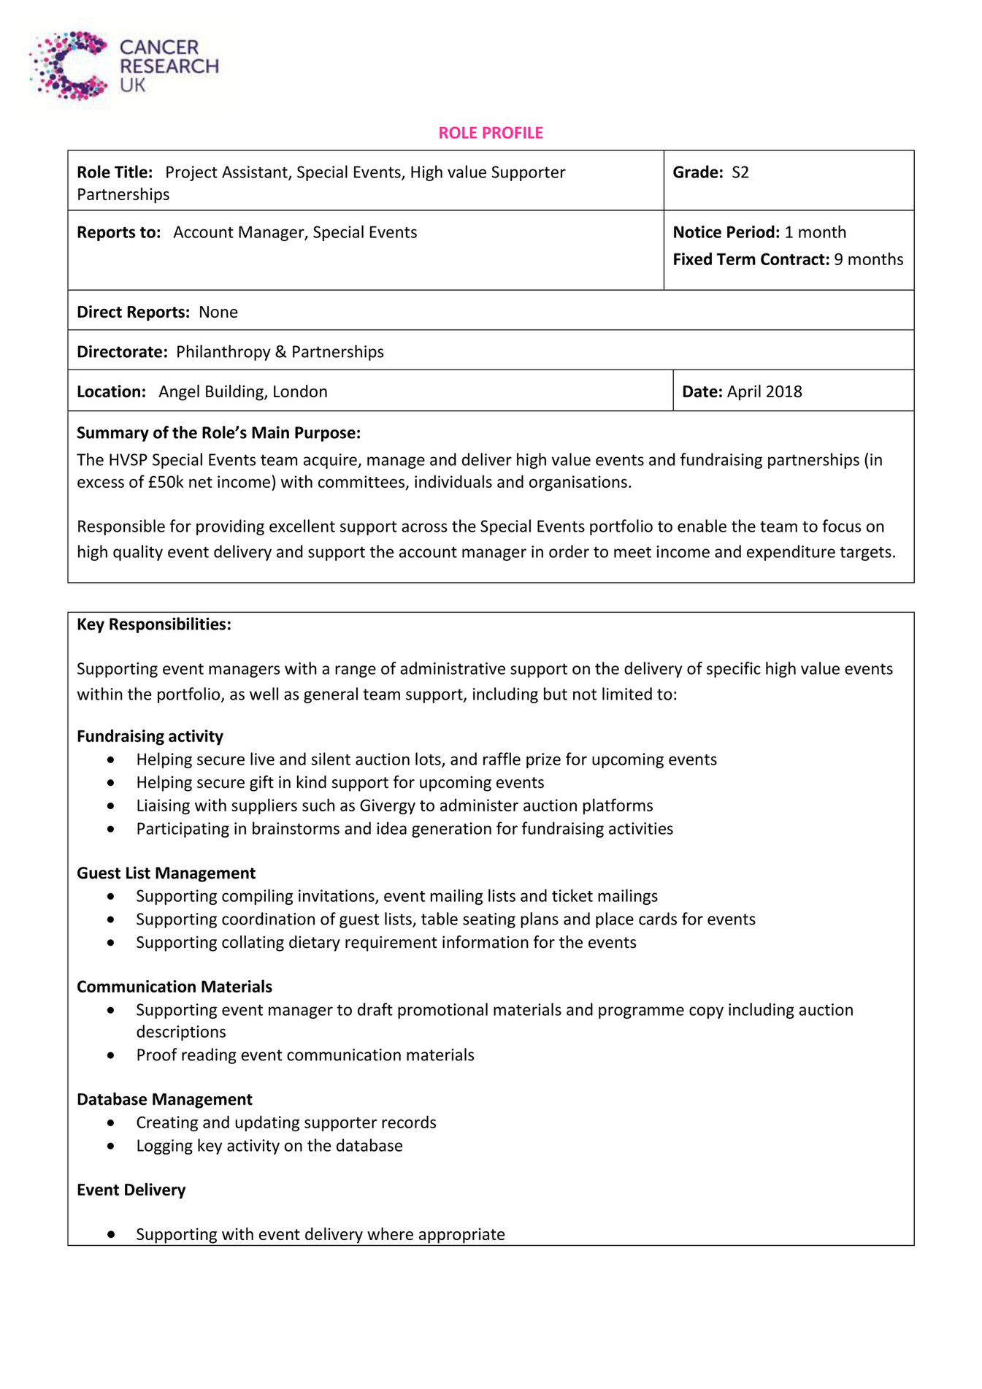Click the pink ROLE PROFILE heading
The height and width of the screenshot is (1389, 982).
(x=491, y=133)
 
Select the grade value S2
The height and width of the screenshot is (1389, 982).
(x=740, y=172)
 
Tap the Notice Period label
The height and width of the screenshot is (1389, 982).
(x=726, y=232)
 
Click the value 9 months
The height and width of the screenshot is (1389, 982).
(x=868, y=259)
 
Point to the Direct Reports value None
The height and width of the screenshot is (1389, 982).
(x=218, y=312)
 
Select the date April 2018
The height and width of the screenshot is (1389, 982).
(x=764, y=391)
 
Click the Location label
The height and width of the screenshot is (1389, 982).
(x=111, y=391)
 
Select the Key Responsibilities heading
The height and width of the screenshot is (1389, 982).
(x=153, y=624)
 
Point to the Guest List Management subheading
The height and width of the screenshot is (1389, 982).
(x=166, y=873)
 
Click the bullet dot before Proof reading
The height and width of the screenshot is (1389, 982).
(x=110, y=1055)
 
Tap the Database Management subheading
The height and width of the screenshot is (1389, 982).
(x=164, y=1099)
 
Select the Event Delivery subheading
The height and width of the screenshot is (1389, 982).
(x=131, y=1190)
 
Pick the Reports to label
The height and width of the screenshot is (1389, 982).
(x=118, y=232)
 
